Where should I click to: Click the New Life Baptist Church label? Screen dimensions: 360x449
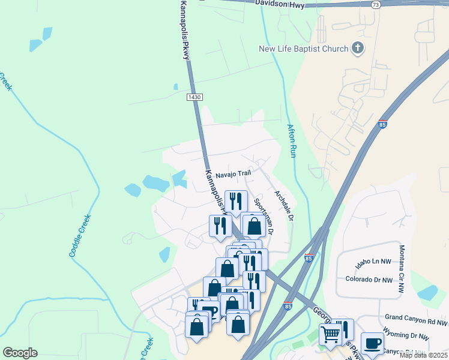[303, 49]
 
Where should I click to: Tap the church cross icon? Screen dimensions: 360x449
[358, 48]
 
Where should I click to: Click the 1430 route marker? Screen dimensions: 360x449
[194, 97]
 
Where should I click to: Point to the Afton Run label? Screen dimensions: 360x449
[292, 140]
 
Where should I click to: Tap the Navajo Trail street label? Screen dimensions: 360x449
[234, 173]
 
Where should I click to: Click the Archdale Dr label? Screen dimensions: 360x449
[283, 206]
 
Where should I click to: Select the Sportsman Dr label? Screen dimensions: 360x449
[264, 216]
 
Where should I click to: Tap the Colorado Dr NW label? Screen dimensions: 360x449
[369, 279]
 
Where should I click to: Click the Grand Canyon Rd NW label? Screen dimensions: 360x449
[417, 316]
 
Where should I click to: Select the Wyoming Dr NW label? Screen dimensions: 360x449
[407, 337]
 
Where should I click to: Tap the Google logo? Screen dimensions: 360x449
[20, 353]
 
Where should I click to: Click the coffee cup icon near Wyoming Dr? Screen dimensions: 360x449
[372, 343]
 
